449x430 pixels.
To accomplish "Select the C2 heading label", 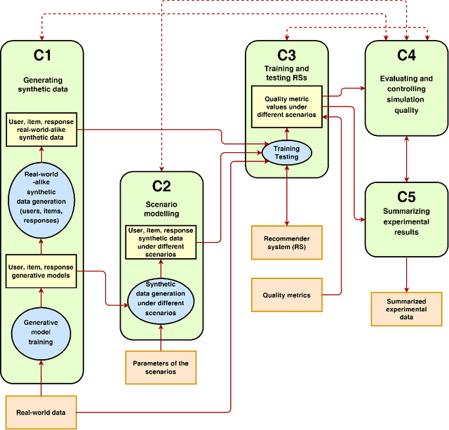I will (x=161, y=185).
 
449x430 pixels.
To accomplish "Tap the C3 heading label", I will (x=286, y=55).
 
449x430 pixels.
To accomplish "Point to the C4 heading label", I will (x=407, y=55).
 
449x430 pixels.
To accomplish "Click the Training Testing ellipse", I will (x=286, y=152).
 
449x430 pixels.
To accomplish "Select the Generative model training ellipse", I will (x=41, y=331).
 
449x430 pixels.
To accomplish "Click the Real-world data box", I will (x=41, y=412).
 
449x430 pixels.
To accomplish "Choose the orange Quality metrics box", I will (x=286, y=295).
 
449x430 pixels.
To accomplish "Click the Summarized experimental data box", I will (x=407, y=309).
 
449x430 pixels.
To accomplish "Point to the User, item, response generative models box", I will (x=41, y=271).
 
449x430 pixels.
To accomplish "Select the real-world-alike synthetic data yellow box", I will (x=41, y=129).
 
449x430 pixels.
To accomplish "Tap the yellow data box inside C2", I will (x=161, y=242).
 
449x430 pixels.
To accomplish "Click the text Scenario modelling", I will (x=161, y=208).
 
